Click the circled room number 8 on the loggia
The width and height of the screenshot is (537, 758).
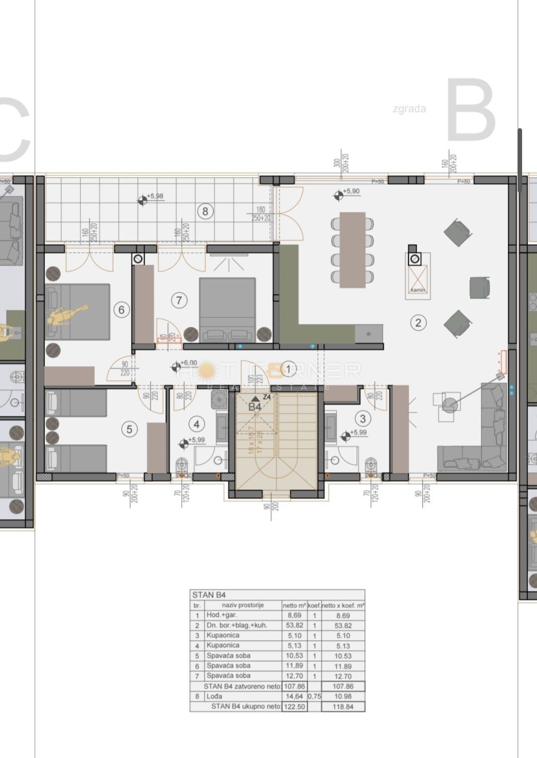pyautogui.click(x=205, y=211)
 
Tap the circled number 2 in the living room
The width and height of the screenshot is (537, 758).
pyautogui.click(x=418, y=323)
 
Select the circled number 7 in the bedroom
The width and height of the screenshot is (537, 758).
pyautogui.click(x=179, y=300)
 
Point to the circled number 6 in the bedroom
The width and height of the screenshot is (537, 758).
pyautogui.click(x=121, y=310)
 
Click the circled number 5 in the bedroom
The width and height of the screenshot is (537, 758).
pyautogui.click(x=129, y=429)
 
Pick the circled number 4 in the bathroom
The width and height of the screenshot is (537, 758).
pyautogui.click(x=197, y=424)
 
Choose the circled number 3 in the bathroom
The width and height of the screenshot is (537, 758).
pyautogui.click(x=363, y=419)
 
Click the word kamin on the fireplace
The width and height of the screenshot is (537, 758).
pyautogui.click(x=417, y=290)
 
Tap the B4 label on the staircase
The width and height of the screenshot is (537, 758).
pyautogui.click(x=255, y=407)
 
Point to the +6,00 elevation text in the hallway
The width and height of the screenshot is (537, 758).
pyautogui.click(x=188, y=363)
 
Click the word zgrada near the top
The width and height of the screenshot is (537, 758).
pyautogui.click(x=409, y=108)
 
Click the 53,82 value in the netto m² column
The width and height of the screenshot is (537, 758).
pyautogui.click(x=294, y=625)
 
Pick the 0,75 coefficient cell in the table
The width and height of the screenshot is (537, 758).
pyautogui.click(x=314, y=696)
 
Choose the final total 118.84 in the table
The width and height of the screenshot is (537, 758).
pyautogui.click(x=343, y=706)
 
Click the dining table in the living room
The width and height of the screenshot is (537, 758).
pyautogui.click(x=353, y=250)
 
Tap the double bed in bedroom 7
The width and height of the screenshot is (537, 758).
pyautogui.click(x=227, y=308)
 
